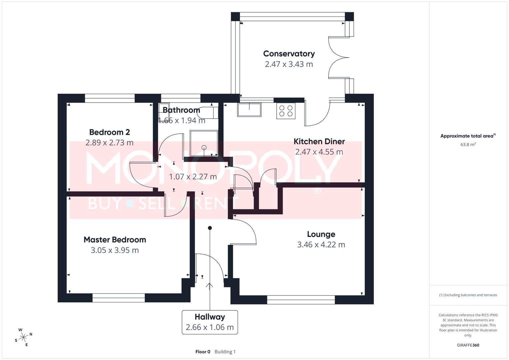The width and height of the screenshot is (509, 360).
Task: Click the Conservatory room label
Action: (x=289, y=54)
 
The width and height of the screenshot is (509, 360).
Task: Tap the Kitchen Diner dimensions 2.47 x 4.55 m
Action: (x=319, y=152)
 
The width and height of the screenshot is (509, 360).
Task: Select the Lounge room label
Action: (x=321, y=234)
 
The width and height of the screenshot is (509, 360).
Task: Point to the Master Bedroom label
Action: (x=115, y=240)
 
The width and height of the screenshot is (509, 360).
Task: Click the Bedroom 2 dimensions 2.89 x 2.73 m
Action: (x=109, y=143)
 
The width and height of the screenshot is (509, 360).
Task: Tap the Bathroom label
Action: (x=181, y=110)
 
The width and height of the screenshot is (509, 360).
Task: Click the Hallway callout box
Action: (x=210, y=322)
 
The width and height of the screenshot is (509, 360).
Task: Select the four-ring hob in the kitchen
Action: (x=286, y=111)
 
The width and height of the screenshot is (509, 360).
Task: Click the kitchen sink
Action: (x=249, y=110)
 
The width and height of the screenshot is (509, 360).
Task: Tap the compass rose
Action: (x=23, y=337)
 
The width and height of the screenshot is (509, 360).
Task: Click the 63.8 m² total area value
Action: (x=468, y=144)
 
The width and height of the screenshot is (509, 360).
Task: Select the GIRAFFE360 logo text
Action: (x=468, y=345)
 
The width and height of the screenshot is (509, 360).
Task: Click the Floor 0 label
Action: (x=203, y=352)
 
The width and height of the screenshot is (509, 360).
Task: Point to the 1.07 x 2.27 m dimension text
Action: (x=193, y=177)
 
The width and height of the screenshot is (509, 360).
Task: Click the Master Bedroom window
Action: (x=119, y=298)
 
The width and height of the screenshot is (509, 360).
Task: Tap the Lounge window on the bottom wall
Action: (x=301, y=300)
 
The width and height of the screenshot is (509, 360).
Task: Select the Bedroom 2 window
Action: (x=110, y=98)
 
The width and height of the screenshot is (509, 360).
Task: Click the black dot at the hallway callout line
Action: (x=210, y=228)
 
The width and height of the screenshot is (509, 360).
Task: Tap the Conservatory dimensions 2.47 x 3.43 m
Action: (x=289, y=64)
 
